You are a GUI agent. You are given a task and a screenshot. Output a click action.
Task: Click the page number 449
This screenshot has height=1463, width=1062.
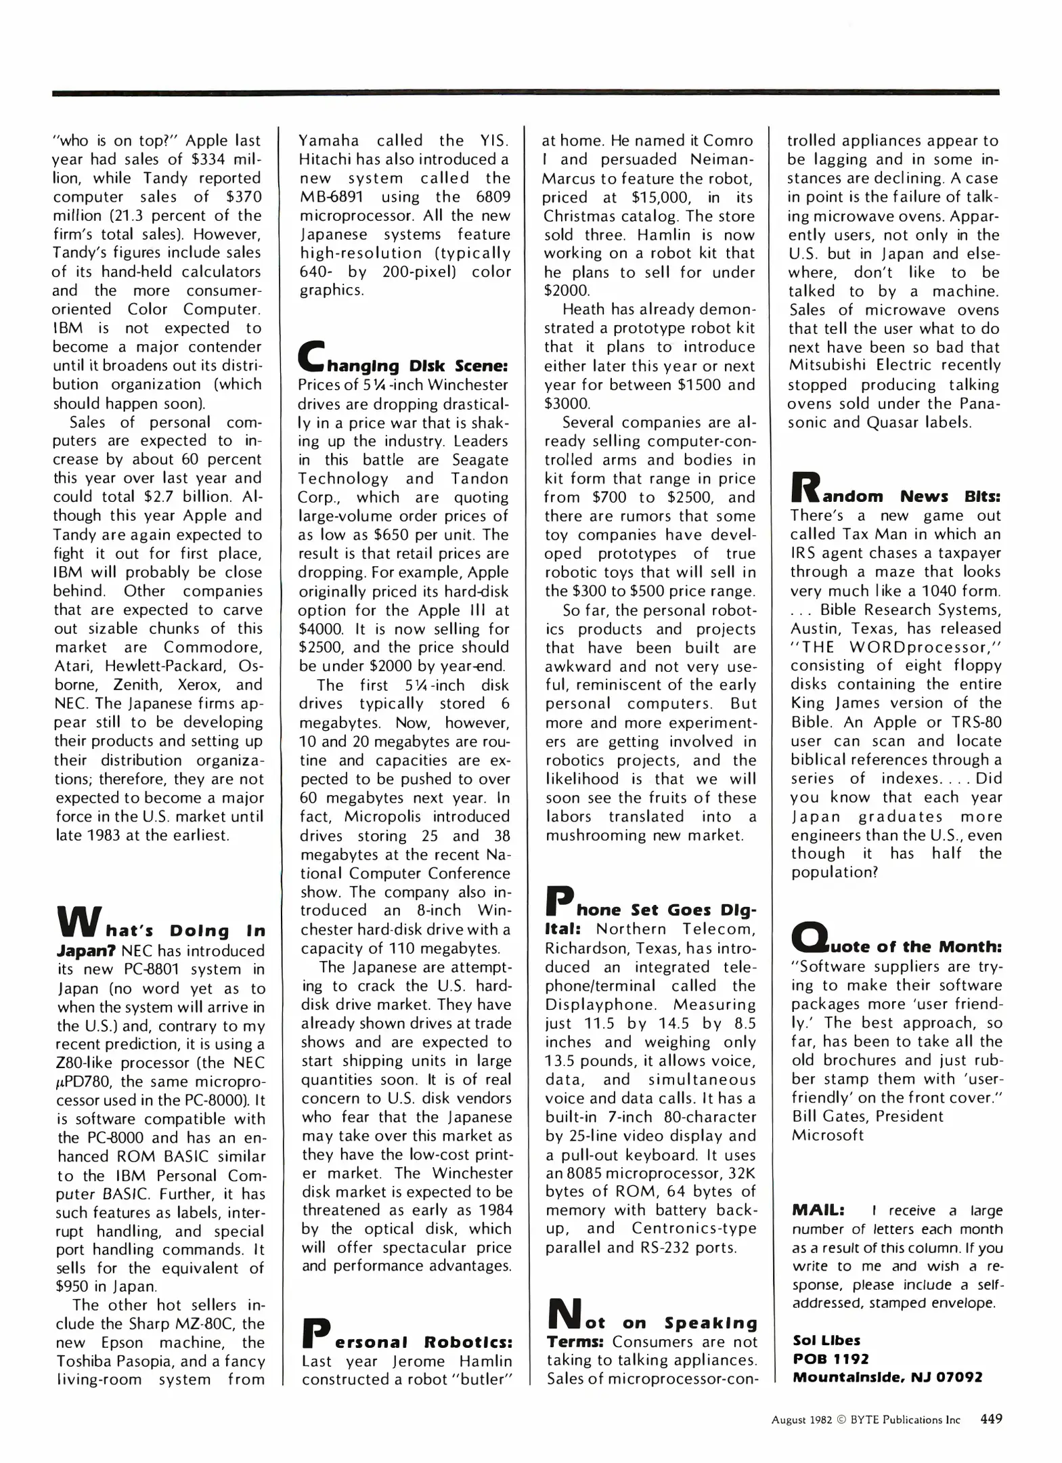[990, 1418]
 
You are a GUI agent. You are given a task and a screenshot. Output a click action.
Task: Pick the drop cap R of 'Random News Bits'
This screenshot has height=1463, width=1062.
[805, 488]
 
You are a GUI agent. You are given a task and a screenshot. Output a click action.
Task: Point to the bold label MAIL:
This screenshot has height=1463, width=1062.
[818, 1210]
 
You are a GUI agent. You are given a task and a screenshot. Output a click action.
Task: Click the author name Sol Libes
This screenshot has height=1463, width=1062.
[826, 1340]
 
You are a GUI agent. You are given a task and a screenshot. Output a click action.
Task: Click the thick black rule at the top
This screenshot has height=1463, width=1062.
[525, 92]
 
